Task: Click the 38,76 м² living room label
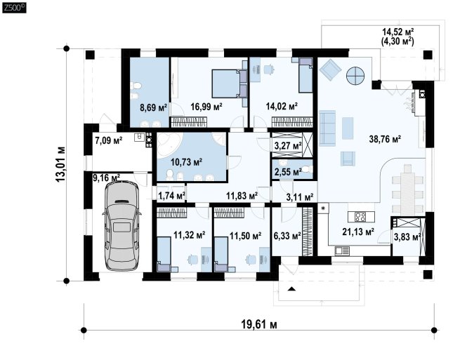coord(385,139)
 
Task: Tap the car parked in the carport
coord(122,225)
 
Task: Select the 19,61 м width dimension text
coord(259,324)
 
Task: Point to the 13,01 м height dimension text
coord(60,164)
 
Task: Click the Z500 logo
coord(14,8)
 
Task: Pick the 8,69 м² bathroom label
coord(153,107)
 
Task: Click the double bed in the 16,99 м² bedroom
coord(225,84)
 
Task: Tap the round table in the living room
coord(355,76)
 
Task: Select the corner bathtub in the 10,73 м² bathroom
coord(168,146)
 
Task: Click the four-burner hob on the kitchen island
coord(360,217)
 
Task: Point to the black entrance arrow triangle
coord(291,288)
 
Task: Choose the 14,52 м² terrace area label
coord(397,32)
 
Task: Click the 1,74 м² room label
coord(171,195)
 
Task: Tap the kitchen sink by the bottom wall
coord(342,251)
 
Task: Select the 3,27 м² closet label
coord(288,146)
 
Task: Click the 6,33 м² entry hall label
coord(287,235)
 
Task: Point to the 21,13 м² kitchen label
coord(358,232)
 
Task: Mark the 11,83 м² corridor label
coord(242,195)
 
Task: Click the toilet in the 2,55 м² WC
coord(307,169)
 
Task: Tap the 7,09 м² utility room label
coord(108,140)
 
